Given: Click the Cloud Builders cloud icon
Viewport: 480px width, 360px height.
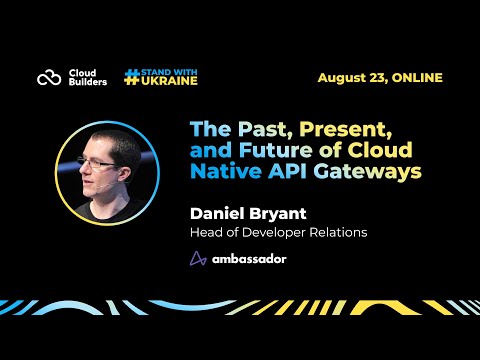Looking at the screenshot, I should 49,77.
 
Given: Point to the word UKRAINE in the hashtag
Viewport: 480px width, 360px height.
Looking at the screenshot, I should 169,82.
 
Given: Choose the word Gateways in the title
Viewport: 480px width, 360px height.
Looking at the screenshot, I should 364,171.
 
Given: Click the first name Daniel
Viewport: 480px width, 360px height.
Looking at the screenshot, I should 219,213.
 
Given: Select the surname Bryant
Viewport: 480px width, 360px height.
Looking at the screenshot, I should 278,213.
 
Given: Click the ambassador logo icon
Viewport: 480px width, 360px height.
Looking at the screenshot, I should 198,258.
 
